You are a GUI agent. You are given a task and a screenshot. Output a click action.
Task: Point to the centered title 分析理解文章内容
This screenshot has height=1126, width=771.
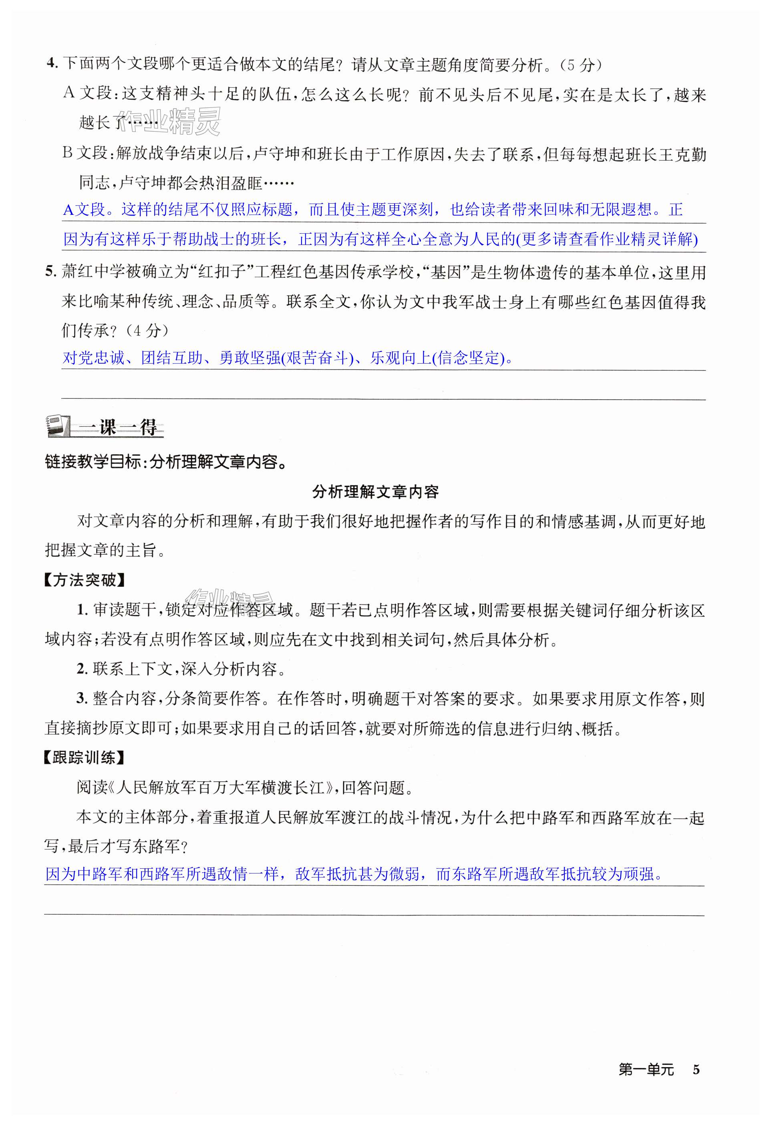pos(375,492)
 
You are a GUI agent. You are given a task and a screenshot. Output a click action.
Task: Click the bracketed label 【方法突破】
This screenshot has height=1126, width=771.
pos(85,580)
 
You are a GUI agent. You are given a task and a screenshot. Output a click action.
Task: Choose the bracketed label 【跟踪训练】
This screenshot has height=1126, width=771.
pos(85,757)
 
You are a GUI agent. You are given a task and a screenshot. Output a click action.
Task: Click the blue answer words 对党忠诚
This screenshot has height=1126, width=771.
pos(93,358)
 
